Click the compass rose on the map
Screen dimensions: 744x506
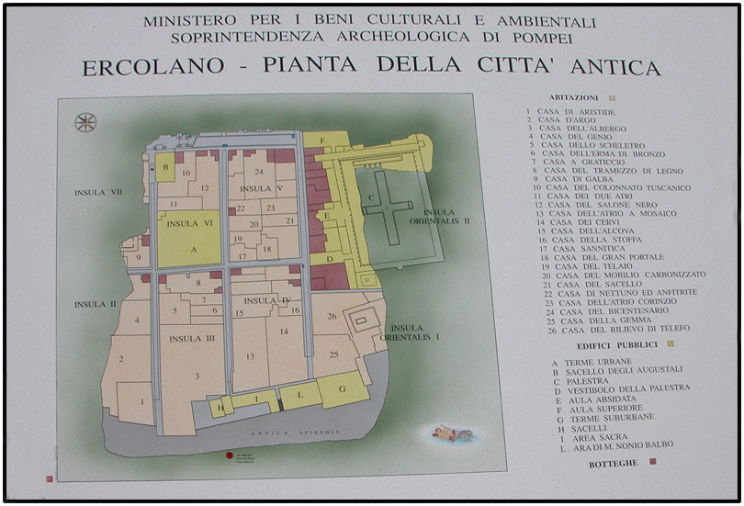tap(85, 121)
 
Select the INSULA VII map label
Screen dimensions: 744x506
tap(97, 193)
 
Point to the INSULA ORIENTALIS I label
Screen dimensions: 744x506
tap(416, 332)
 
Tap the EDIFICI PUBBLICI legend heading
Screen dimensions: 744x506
tap(617, 344)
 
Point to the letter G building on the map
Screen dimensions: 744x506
tap(342, 389)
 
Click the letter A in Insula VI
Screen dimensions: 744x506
tap(193, 249)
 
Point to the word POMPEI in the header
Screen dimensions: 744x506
tap(549, 38)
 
